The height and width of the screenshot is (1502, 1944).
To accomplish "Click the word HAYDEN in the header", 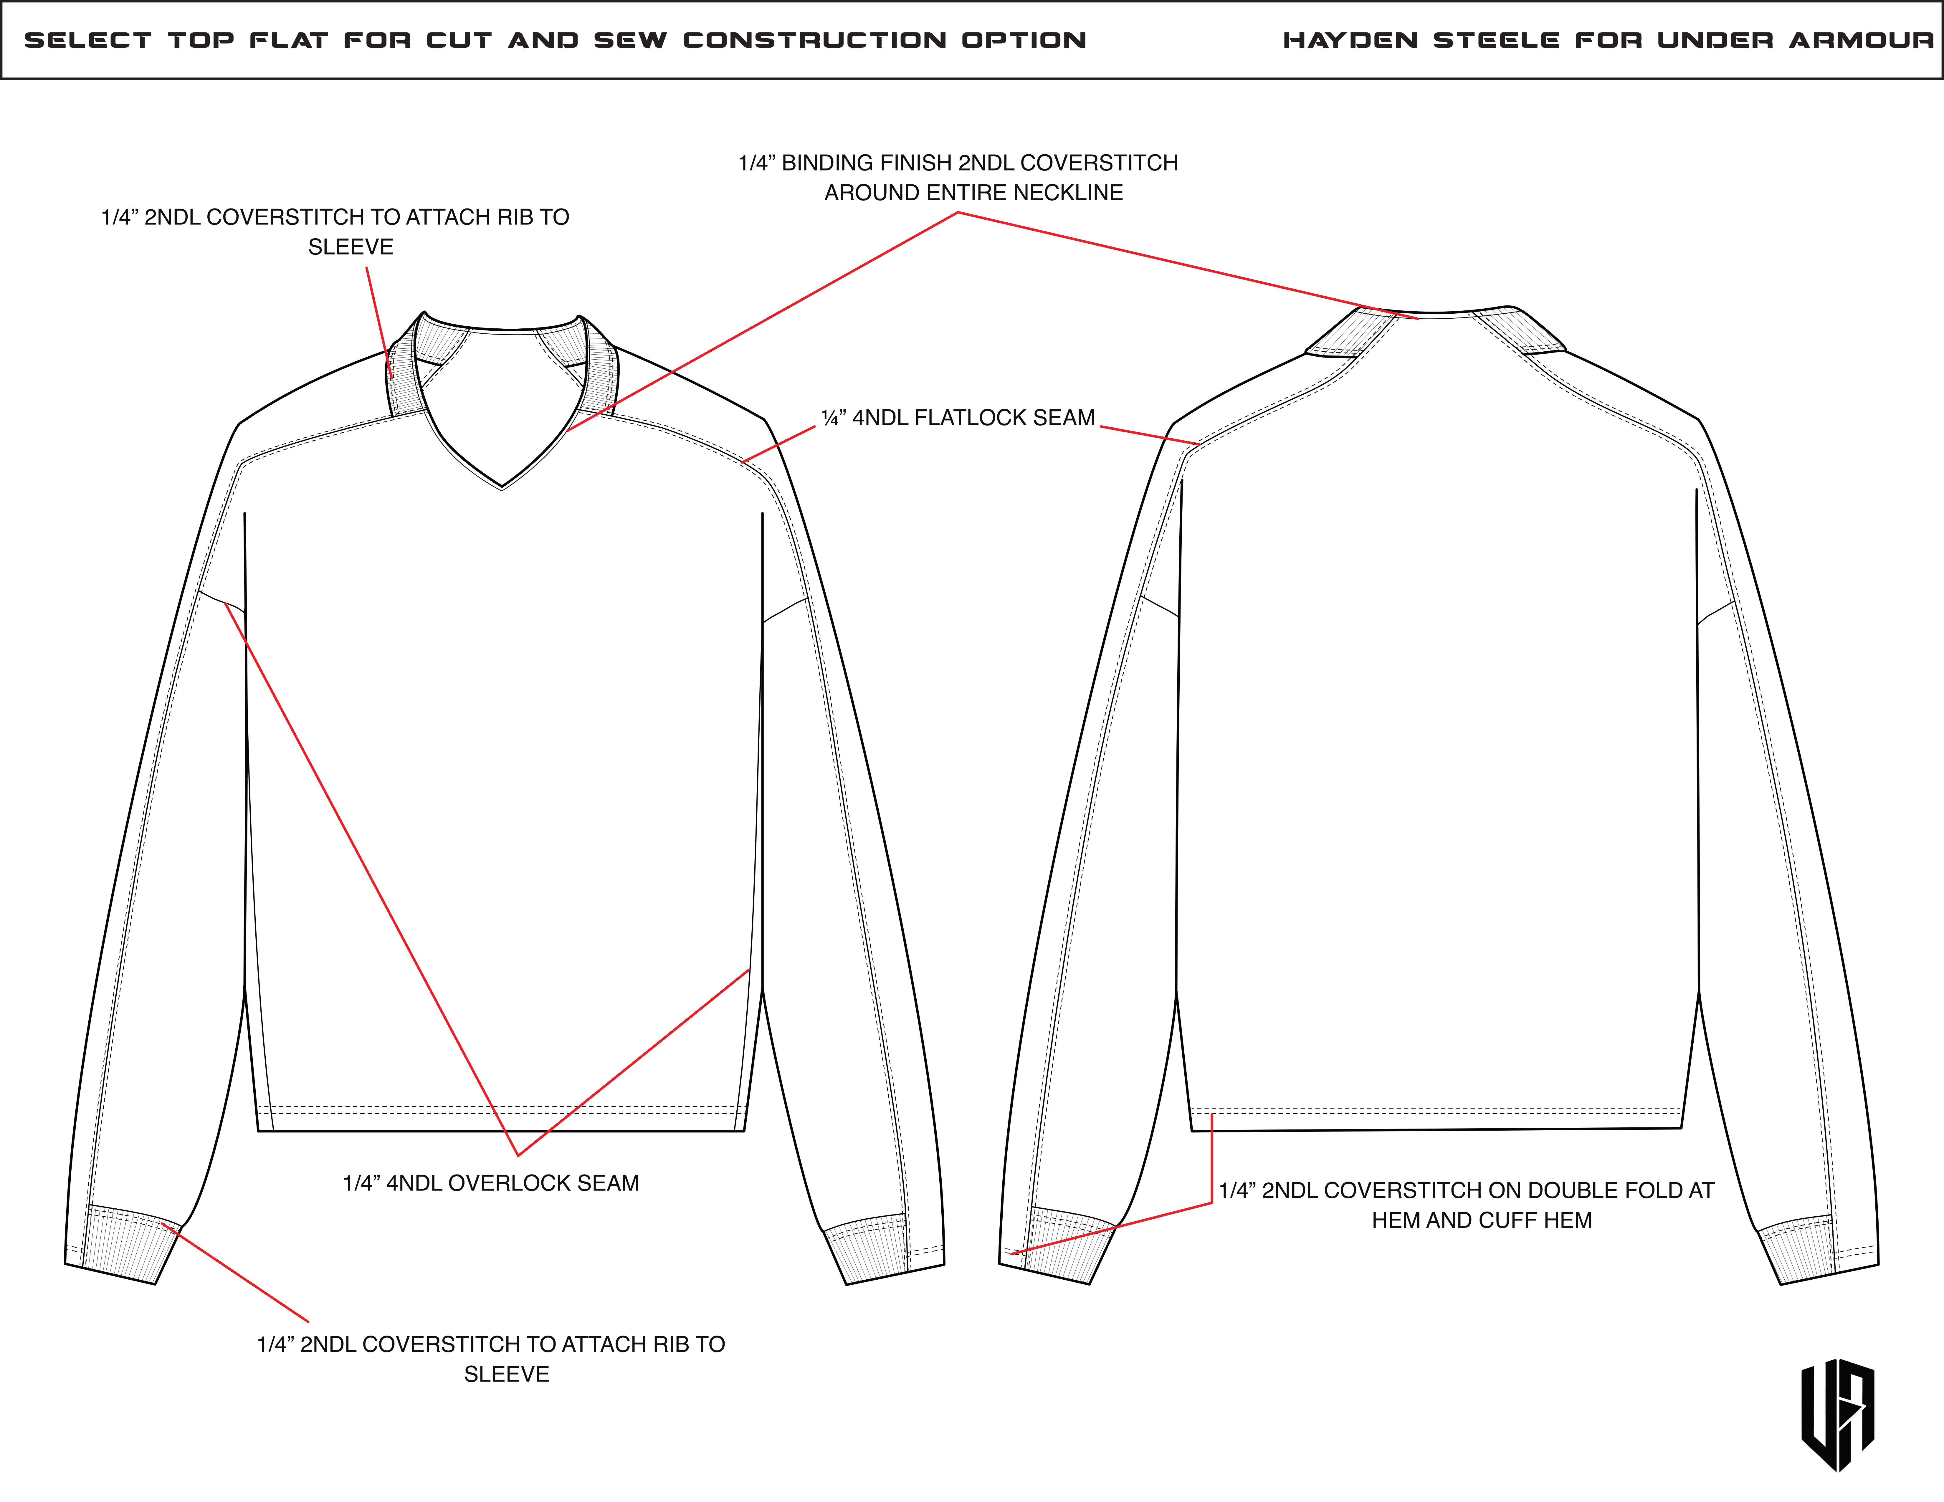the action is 1350,40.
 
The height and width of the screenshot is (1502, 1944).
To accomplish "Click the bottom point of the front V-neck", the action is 502,486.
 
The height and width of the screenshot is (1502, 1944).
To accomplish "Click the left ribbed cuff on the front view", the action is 125,1246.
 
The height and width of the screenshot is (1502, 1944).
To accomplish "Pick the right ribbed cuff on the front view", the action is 868,1250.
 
